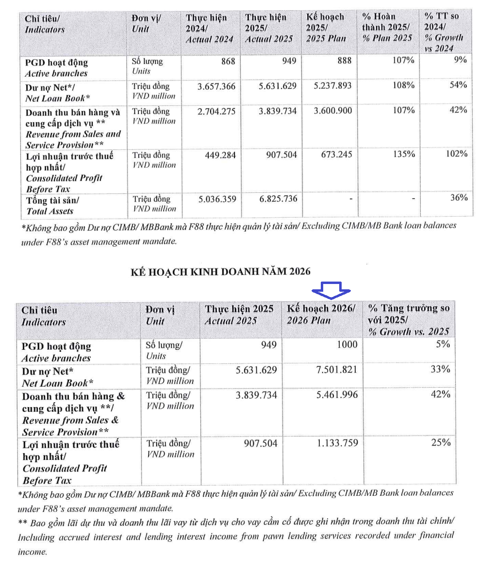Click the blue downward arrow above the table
pyautogui.click(x=331, y=289)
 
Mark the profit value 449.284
pyautogui.click(x=220, y=155)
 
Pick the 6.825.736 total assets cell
pyautogui.click(x=275, y=199)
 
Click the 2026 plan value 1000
pyautogui.click(x=347, y=345)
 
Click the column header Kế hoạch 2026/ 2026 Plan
pyautogui.click(x=321, y=315)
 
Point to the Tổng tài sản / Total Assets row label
pyautogui.click(x=50, y=205)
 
